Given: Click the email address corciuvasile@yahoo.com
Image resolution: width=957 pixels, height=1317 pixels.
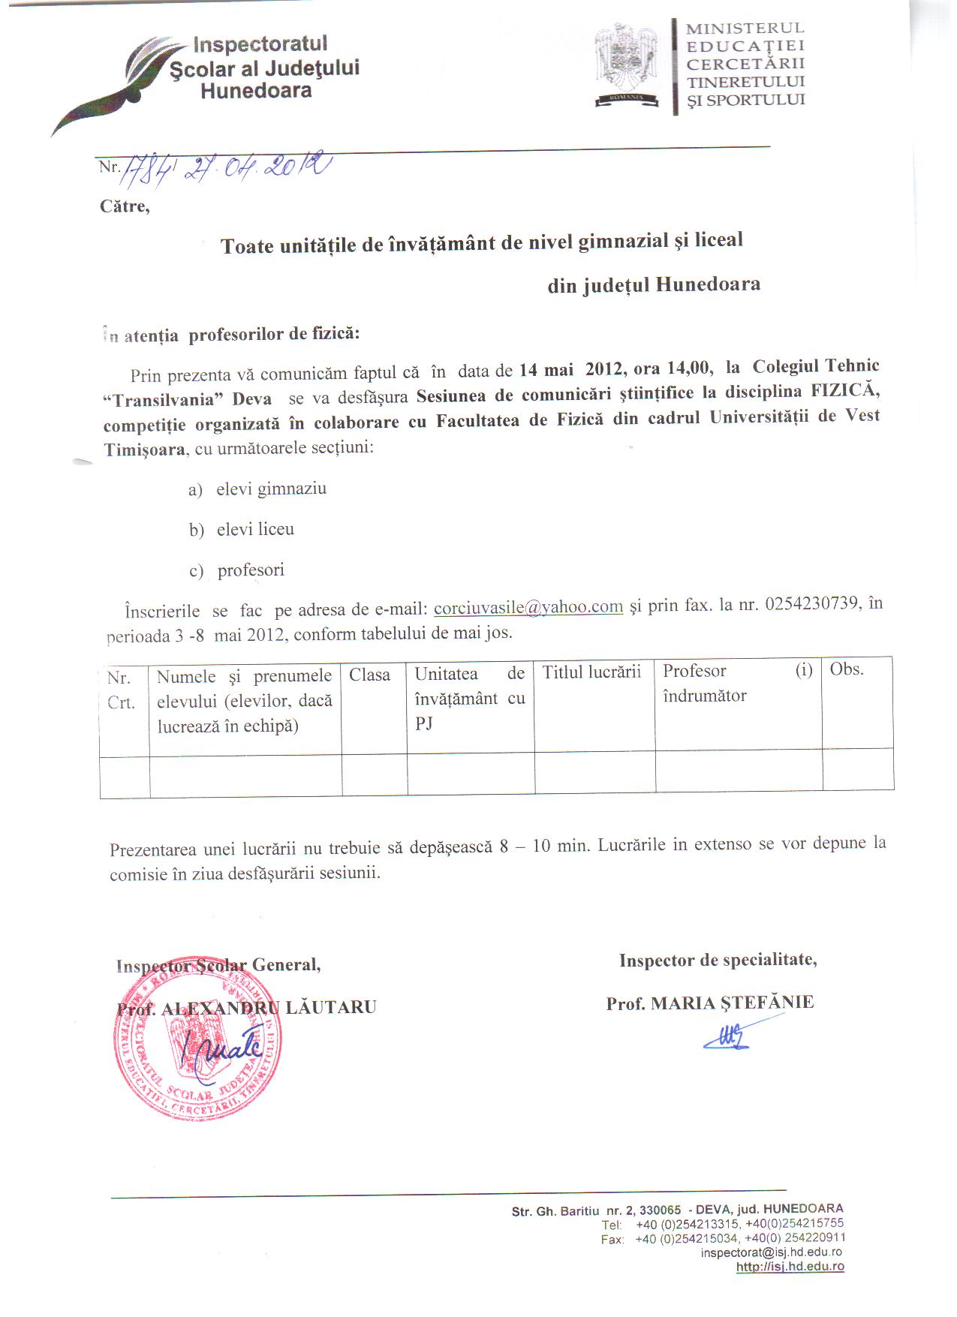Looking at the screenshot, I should pyautogui.click(x=528, y=606).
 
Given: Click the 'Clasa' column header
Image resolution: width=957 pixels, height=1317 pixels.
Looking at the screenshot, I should pyautogui.click(x=370, y=675).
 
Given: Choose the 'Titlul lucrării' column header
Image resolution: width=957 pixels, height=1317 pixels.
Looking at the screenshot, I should pyautogui.click(x=591, y=672).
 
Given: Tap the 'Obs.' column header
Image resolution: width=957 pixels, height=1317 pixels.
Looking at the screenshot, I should pyautogui.click(x=847, y=669).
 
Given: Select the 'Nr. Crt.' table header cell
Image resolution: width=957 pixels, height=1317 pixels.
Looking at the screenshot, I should pyautogui.click(x=121, y=690).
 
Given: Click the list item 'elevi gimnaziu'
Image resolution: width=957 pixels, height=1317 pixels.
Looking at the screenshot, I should pyautogui.click(x=271, y=489).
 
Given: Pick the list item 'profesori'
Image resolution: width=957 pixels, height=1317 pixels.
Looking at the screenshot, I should pyautogui.click(x=251, y=570).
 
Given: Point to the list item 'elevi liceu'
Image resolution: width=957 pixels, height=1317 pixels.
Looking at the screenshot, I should pyautogui.click(x=255, y=530).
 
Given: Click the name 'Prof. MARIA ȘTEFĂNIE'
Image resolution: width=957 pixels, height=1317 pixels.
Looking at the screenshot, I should pyautogui.click(x=709, y=1003).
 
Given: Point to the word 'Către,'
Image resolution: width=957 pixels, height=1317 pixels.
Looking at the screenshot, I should pyautogui.click(x=125, y=206).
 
